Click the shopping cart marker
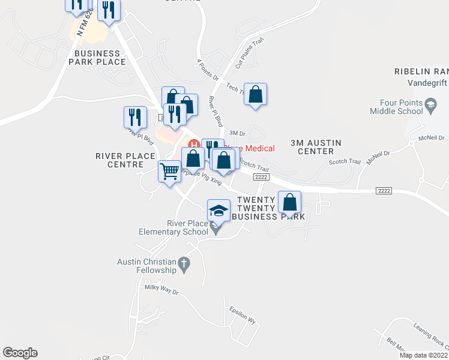point(169,172)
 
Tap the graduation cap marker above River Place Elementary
point(218,211)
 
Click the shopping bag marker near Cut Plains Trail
point(256,94)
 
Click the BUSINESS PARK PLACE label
point(100,58)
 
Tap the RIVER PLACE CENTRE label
point(126,160)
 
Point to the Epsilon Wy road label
point(244,316)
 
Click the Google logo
point(20,353)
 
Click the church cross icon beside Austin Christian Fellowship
point(184,263)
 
